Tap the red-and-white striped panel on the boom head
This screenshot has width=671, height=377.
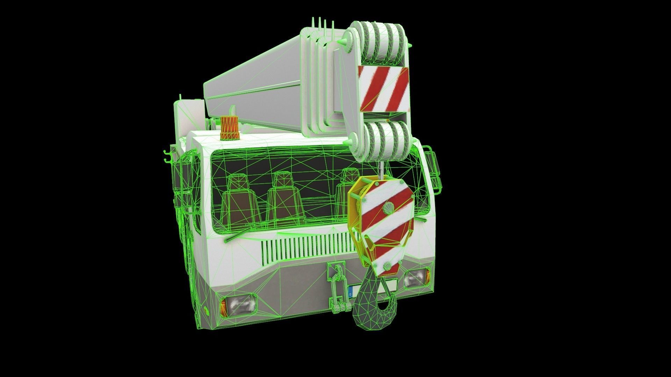tap(383, 89)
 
